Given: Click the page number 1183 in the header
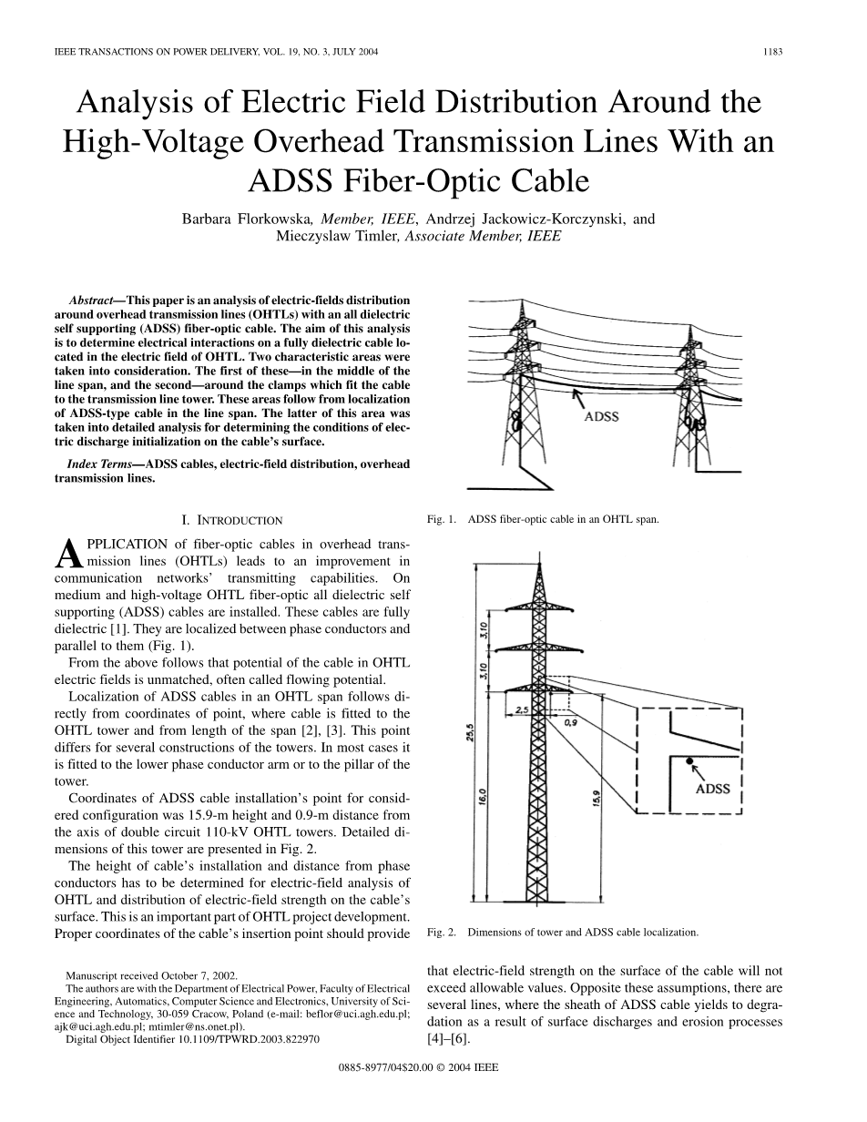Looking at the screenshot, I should coord(774,52).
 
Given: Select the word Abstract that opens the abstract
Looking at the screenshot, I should coord(90,300).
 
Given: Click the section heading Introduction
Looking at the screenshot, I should coord(232,521).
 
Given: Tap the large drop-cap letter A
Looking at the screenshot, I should coord(68,554).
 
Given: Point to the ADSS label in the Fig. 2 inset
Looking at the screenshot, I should coord(713,789).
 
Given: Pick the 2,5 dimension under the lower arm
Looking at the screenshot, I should coord(522,709).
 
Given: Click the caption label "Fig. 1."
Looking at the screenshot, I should coord(441,520).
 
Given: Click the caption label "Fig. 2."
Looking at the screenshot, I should coord(441,933).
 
